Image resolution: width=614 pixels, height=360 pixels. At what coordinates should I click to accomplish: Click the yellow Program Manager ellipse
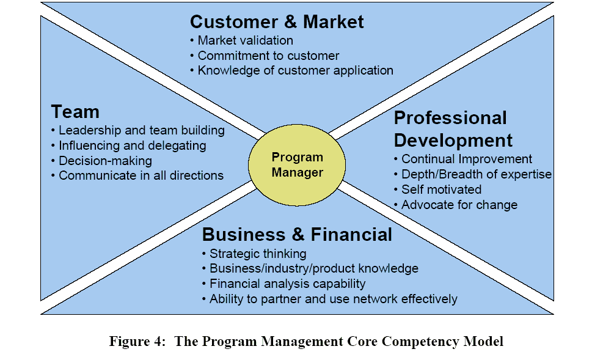click(x=297, y=165)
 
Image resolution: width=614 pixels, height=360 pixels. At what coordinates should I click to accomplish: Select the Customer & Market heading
click(x=277, y=22)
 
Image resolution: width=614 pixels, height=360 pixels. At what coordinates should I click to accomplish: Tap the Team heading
click(x=75, y=112)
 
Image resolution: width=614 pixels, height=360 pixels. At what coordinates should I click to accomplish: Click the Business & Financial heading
click(x=297, y=235)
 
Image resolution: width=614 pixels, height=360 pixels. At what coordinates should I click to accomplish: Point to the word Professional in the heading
click(x=450, y=119)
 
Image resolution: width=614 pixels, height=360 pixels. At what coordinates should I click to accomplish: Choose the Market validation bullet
click(x=241, y=40)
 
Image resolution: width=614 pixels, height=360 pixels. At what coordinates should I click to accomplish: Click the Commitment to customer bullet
click(x=265, y=56)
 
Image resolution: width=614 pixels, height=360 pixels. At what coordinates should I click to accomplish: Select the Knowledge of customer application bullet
click(x=292, y=70)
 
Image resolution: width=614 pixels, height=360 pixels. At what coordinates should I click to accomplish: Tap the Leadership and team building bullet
click(x=138, y=130)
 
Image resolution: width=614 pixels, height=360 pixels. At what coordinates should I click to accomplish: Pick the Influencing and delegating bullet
click(x=129, y=145)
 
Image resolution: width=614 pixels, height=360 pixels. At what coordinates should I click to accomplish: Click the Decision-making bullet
click(x=102, y=161)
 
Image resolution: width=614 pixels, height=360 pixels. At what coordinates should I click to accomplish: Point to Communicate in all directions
click(x=137, y=175)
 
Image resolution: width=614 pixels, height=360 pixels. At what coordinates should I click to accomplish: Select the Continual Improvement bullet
click(x=463, y=159)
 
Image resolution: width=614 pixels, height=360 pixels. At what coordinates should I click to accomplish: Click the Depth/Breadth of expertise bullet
click(x=473, y=174)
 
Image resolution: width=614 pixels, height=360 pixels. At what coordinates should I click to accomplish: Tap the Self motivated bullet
click(x=438, y=189)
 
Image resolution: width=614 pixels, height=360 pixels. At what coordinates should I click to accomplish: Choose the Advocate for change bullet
click(x=456, y=205)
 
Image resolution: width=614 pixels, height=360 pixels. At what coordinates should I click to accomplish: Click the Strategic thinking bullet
click(x=254, y=254)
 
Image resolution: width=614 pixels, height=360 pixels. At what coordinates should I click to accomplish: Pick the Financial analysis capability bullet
click(x=284, y=284)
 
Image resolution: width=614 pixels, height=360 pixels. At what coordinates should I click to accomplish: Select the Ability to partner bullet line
click(x=330, y=299)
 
